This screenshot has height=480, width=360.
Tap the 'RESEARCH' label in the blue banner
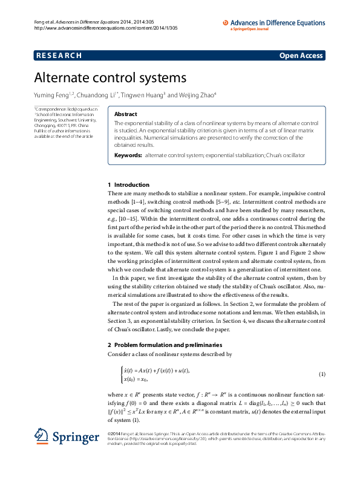tap(59, 56)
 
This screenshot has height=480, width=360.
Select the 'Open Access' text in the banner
tap(301, 56)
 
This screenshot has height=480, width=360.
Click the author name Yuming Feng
tap(51, 95)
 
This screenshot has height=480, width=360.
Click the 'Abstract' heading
tap(126, 114)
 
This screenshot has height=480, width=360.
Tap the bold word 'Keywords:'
tap(128, 155)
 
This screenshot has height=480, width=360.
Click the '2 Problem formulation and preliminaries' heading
tap(165, 345)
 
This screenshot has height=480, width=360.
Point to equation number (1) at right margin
tap(322, 374)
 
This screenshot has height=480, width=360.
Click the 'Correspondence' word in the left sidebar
tap(51, 108)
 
